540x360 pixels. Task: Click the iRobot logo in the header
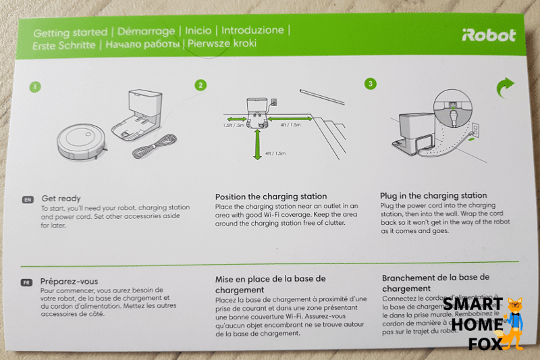pos(489,36)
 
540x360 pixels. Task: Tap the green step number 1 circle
pos(34,86)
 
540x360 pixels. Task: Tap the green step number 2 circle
pos(200,85)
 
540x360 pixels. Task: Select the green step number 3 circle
pos(370,84)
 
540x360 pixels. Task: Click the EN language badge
pos(28,201)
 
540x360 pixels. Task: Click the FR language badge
pos(28,282)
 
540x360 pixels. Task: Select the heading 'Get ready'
pos(61,199)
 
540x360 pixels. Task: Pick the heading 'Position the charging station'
pos(271,197)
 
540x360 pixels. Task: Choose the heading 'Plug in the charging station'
pos(433,196)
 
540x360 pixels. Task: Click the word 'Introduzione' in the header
pos(252,31)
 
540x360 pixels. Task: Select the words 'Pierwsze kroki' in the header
pos(222,44)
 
